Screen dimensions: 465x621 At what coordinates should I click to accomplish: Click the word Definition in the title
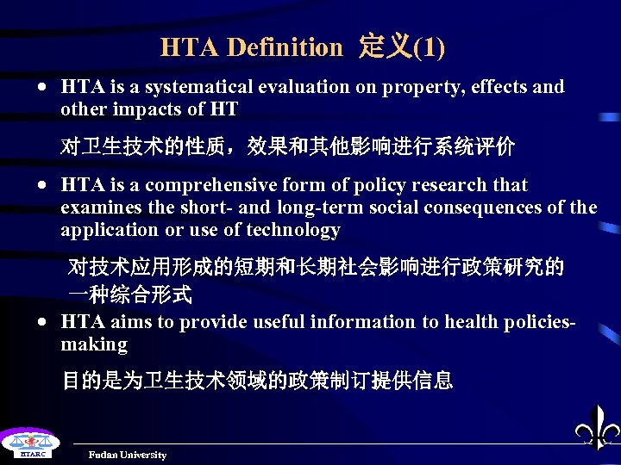tap(284, 47)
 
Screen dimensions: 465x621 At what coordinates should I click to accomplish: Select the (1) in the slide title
tap(430, 47)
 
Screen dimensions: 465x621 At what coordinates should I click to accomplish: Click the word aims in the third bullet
tap(130, 322)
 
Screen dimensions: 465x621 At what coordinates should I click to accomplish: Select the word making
tap(94, 344)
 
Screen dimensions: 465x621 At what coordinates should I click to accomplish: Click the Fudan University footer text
tap(128, 455)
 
